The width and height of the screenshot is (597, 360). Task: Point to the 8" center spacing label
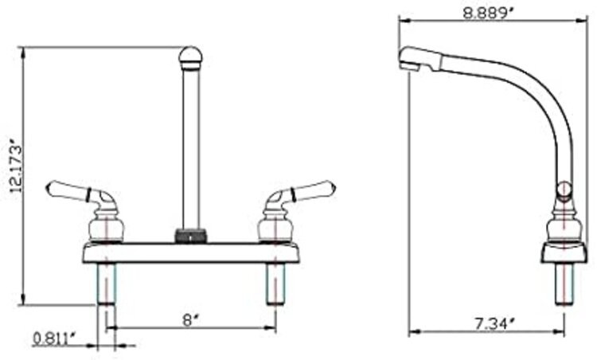click(189, 319)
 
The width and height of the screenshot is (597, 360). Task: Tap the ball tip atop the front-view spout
click(189, 57)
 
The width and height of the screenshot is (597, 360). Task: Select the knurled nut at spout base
click(190, 235)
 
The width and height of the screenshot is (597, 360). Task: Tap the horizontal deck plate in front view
click(191, 252)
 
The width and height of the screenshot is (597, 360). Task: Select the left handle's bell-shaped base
click(107, 225)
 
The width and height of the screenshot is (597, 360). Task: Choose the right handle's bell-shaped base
click(274, 225)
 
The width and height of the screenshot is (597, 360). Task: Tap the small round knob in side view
click(564, 190)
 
